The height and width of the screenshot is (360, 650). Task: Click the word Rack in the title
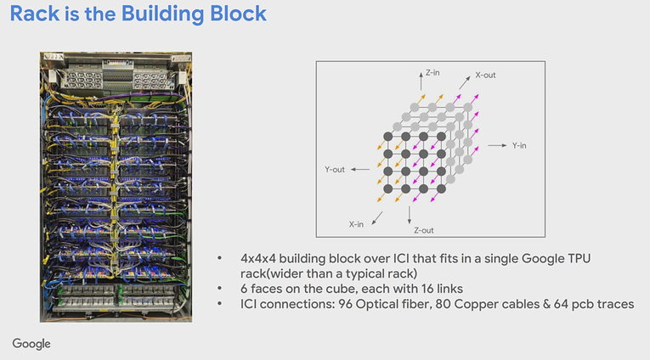tap(35, 14)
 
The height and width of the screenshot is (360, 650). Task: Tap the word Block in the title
tap(238, 14)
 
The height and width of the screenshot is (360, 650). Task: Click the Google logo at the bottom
tap(31, 344)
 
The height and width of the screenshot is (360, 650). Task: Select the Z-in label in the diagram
tap(432, 73)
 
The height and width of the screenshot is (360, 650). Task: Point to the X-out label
tap(485, 76)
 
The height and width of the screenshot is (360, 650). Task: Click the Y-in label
tap(519, 146)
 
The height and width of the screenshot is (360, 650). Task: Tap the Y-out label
tap(335, 170)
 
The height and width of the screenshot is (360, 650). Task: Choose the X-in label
tap(356, 224)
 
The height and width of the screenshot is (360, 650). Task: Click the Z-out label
tap(424, 230)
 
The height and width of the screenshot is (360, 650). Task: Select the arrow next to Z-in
tap(421, 81)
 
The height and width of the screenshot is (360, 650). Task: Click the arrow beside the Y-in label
tap(497, 145)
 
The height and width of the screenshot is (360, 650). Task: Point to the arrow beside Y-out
tap(360, 169)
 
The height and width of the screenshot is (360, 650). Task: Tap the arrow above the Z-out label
tap(410, 215)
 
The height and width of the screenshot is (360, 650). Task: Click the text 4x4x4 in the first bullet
tap(257, 258)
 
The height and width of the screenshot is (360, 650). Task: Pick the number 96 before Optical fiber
tap(345, 304)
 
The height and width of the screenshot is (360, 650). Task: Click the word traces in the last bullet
tap(616, 305)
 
